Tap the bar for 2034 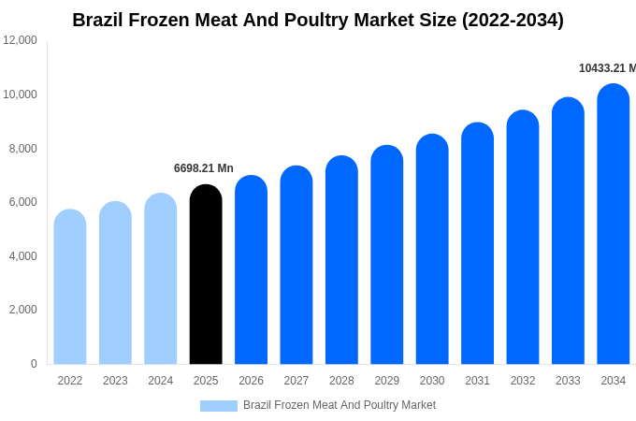(614, 224)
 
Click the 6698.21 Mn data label (204, 168)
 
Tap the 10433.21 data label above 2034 (607, 68)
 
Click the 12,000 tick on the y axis (21, 40)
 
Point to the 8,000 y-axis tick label (21, 148)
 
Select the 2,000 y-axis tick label (21, 310)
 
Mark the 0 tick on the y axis (34, 364)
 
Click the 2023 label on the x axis (115, 381)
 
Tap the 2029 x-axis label (387, 381)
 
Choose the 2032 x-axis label (523, 381)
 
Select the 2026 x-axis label (251, 381)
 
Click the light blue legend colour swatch (219, 406)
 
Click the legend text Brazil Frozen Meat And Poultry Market (340, 405)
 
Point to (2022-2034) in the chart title (513, 20)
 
